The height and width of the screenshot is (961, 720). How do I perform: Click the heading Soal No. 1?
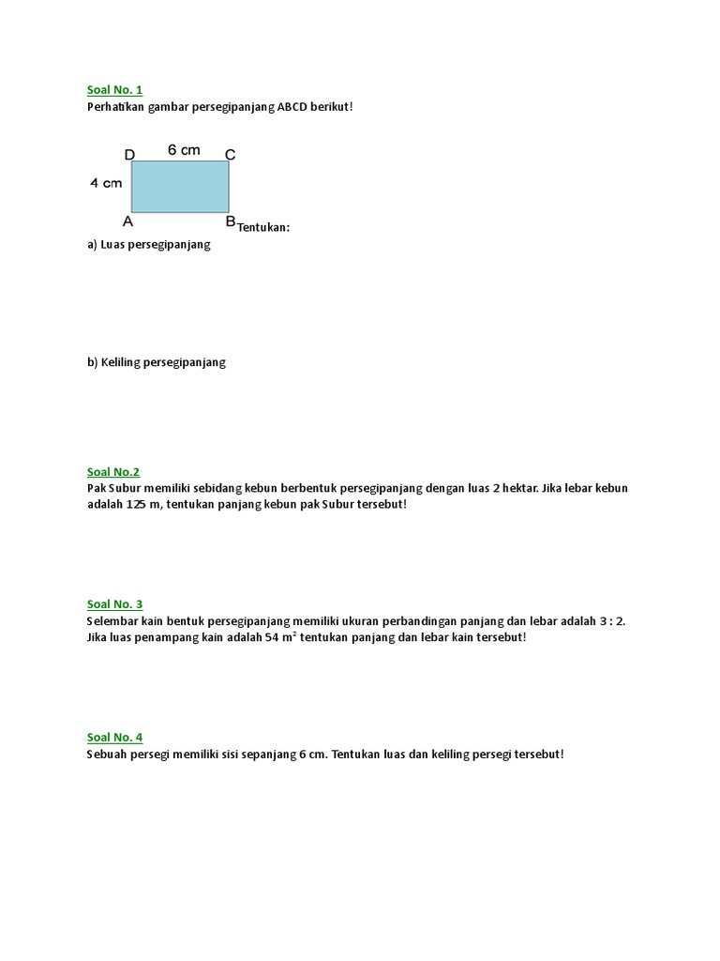(114, 90)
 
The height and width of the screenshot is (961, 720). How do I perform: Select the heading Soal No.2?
(112, 472)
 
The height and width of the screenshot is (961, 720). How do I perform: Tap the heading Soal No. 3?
(114, 604)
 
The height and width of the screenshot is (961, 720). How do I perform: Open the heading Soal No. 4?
(114, 738)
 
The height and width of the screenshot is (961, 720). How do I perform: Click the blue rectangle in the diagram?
(180, 186)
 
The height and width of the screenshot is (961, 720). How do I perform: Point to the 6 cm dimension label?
(184, 150)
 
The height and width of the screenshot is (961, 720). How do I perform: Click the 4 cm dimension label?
(106, 184)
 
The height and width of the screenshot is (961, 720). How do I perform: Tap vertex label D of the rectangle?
(129, 155)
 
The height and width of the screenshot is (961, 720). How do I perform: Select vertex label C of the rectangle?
(230, 155)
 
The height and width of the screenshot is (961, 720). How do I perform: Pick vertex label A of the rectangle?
(128, 221)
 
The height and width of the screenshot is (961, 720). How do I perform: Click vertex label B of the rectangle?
(230, 221)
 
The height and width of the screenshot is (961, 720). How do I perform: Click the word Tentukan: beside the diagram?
(263, 227)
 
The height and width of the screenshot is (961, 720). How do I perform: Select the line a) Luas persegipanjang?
(149, 245)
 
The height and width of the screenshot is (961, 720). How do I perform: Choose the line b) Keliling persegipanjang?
(157, 361)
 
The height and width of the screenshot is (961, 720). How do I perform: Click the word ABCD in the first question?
(295, 107)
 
